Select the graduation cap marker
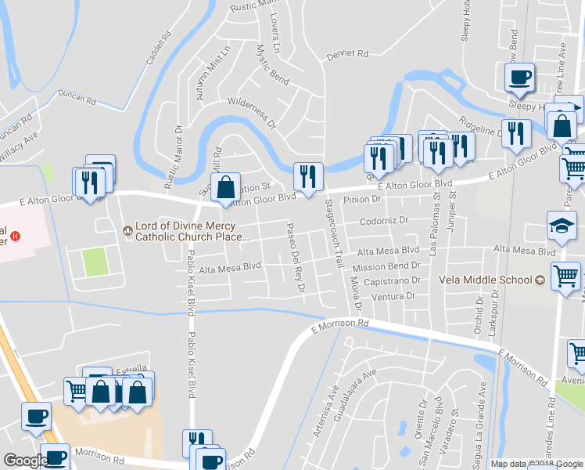point(562,226)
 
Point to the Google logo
point(25,461)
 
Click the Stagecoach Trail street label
point(334,233)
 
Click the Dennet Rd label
point(346,55)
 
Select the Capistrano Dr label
point(393,280)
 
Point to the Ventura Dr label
point(394,296)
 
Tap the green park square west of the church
point(95,261)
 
